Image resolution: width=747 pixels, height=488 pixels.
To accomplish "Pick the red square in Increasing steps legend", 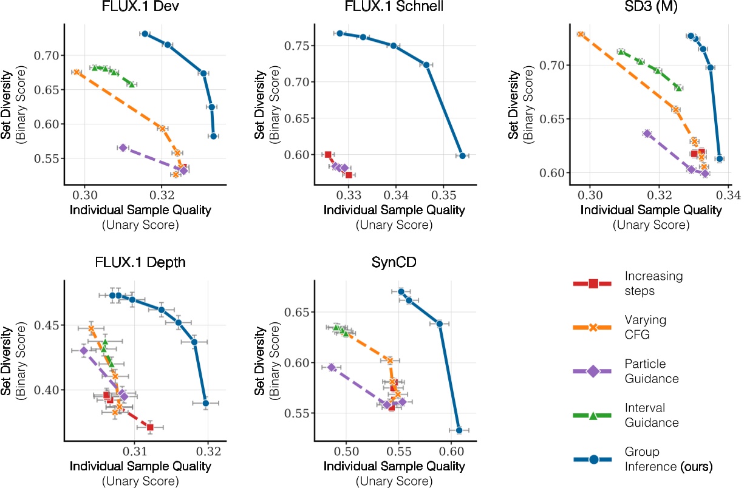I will pyautogui.click(x=593, y=283).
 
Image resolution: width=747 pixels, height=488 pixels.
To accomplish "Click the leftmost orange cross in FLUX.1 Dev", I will pyautogui.click(x=77, y=72).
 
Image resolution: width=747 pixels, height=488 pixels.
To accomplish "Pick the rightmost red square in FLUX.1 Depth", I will pyautogui.click(x=150, y=427).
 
